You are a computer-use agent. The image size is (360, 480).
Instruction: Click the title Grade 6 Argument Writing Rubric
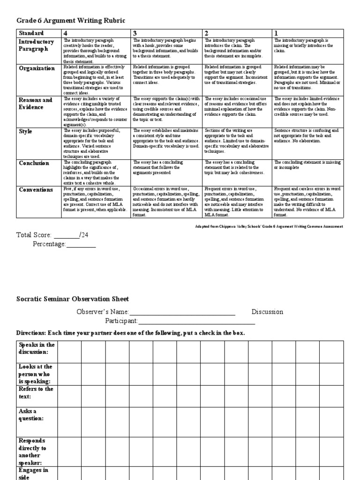click(x=71, y=20)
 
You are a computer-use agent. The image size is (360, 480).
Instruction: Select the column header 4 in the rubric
click(x=66, y=33)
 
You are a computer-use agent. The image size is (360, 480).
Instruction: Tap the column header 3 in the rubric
click(x=135, y=33)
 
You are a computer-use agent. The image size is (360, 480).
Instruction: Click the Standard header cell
click(x=31, y=33)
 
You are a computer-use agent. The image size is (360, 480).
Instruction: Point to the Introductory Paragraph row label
click(x=37, y=45)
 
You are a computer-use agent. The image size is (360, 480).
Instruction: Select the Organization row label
click(x=37, y=68)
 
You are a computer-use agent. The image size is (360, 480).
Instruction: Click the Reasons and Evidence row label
click(x=36, y=104)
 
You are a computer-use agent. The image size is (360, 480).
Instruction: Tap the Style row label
click(x=26, y=132)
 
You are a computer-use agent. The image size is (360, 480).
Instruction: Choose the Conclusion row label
click(x=34, y=164)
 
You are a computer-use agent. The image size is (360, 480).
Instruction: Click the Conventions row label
click(x=36, y=190)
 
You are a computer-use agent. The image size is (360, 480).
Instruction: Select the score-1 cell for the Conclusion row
click(x=307, y=172)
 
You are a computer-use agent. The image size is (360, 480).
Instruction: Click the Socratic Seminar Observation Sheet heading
click(x=73, y=299)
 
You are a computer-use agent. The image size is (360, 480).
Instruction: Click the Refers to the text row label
click(x=37, y=393)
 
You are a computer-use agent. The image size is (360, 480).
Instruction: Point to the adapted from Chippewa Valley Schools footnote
click(x=269, y=226)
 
